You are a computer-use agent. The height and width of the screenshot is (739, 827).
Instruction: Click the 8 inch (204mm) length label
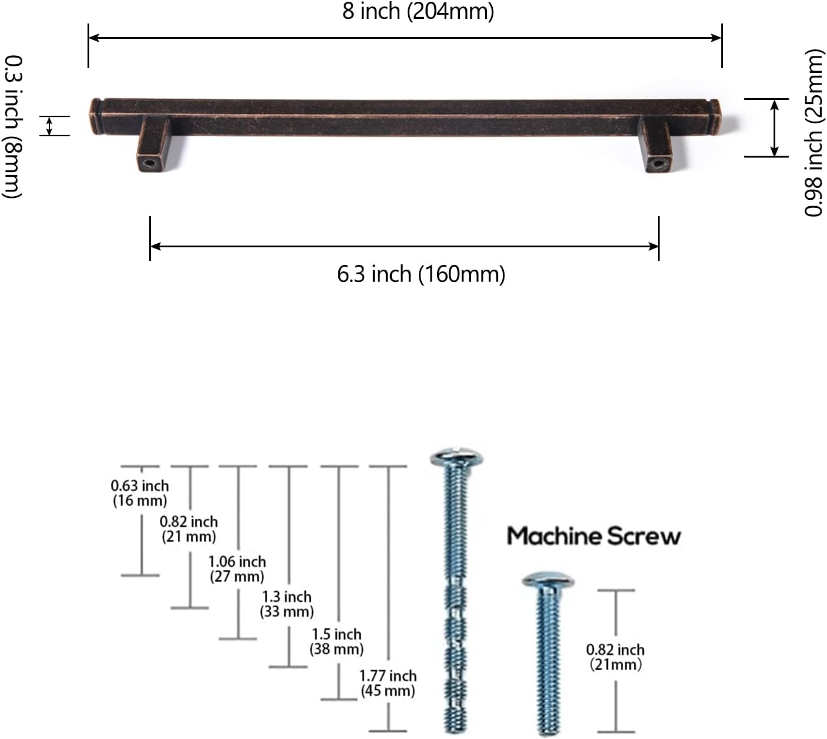click(418, 11)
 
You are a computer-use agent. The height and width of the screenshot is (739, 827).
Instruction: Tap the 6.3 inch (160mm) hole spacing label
click(421, 274)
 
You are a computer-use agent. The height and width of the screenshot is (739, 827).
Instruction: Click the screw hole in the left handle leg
click(147, 163)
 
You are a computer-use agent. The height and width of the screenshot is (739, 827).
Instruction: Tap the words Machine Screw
click(593, 536)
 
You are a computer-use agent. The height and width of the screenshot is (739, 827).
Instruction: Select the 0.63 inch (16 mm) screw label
click(140, 493)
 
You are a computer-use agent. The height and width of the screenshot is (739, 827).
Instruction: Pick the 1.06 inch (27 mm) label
click(237, 569)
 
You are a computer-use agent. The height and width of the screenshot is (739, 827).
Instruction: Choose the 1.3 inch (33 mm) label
click(287, 604)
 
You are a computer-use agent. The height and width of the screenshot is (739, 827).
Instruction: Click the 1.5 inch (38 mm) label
click(337, 641)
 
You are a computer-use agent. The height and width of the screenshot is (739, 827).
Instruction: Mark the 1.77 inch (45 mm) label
click(388, 683)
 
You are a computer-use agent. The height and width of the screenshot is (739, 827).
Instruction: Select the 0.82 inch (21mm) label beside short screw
click(615, 657)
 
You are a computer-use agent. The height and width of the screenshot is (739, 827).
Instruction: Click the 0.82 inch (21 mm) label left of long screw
click(189, 529)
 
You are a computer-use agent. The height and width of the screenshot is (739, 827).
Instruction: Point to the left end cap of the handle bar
click(96, 109)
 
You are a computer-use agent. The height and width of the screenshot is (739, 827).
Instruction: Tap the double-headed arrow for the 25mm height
click(775, 127)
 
